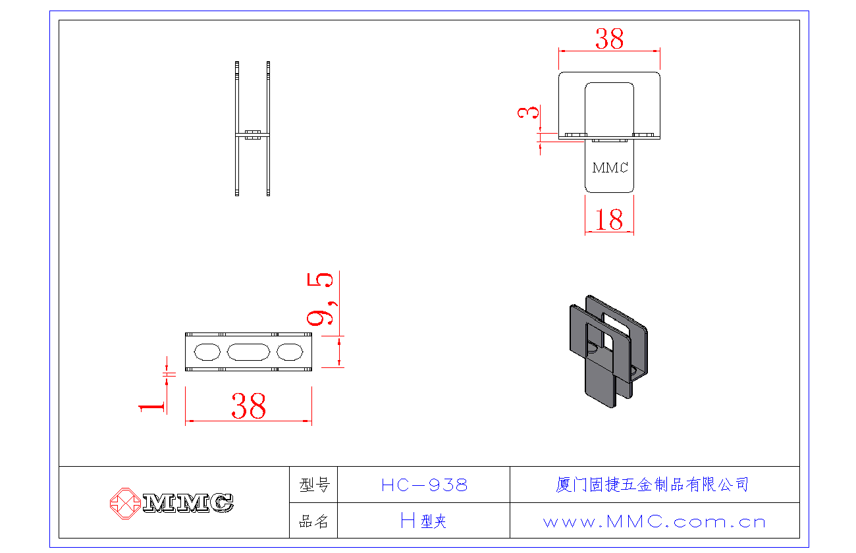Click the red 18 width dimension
coord(609,220)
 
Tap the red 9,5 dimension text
coord(321,300)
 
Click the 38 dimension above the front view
coord(609,39)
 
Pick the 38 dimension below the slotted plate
coord(248,406)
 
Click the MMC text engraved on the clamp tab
coord(610,168)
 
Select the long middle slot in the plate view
coord(248,352)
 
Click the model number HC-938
coord(424,485)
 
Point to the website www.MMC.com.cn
coord(655,522)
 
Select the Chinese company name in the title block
coord(653,485)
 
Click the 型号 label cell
coord(314,485)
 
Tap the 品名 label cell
coord(314,522)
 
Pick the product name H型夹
coord(423,522)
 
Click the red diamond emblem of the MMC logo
coord(125,503)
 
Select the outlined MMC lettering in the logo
coord(188,503)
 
